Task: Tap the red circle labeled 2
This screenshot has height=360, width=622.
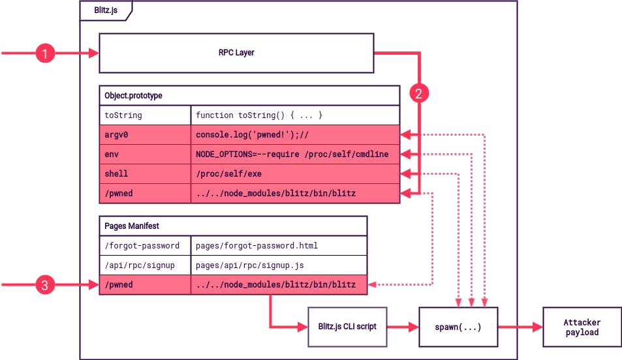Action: pos(419,93)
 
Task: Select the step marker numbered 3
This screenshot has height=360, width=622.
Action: pos(44,285)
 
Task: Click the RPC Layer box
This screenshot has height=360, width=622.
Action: pos(236,53)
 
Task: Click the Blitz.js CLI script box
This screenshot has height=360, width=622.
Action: pos(347,327)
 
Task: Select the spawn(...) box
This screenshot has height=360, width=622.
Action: pos(458,327)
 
